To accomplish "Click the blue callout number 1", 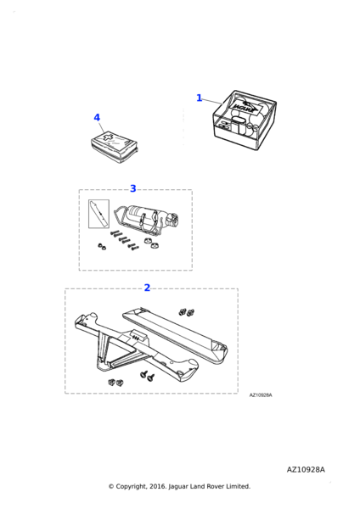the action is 200,98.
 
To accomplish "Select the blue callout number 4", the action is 97,118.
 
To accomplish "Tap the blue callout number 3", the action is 133,188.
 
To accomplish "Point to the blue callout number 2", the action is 147,288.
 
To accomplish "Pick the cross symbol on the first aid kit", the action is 108,137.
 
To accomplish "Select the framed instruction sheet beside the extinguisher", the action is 98,214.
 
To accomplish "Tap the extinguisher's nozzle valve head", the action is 172,220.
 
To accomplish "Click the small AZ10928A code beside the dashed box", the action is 261,395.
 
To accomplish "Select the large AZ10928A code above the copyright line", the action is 306,470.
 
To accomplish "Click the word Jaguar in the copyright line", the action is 177,487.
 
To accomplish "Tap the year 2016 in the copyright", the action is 158,486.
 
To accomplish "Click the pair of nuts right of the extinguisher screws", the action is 151,243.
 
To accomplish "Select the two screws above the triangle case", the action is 187,312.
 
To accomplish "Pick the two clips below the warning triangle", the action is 116,383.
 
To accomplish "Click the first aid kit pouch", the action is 114,147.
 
